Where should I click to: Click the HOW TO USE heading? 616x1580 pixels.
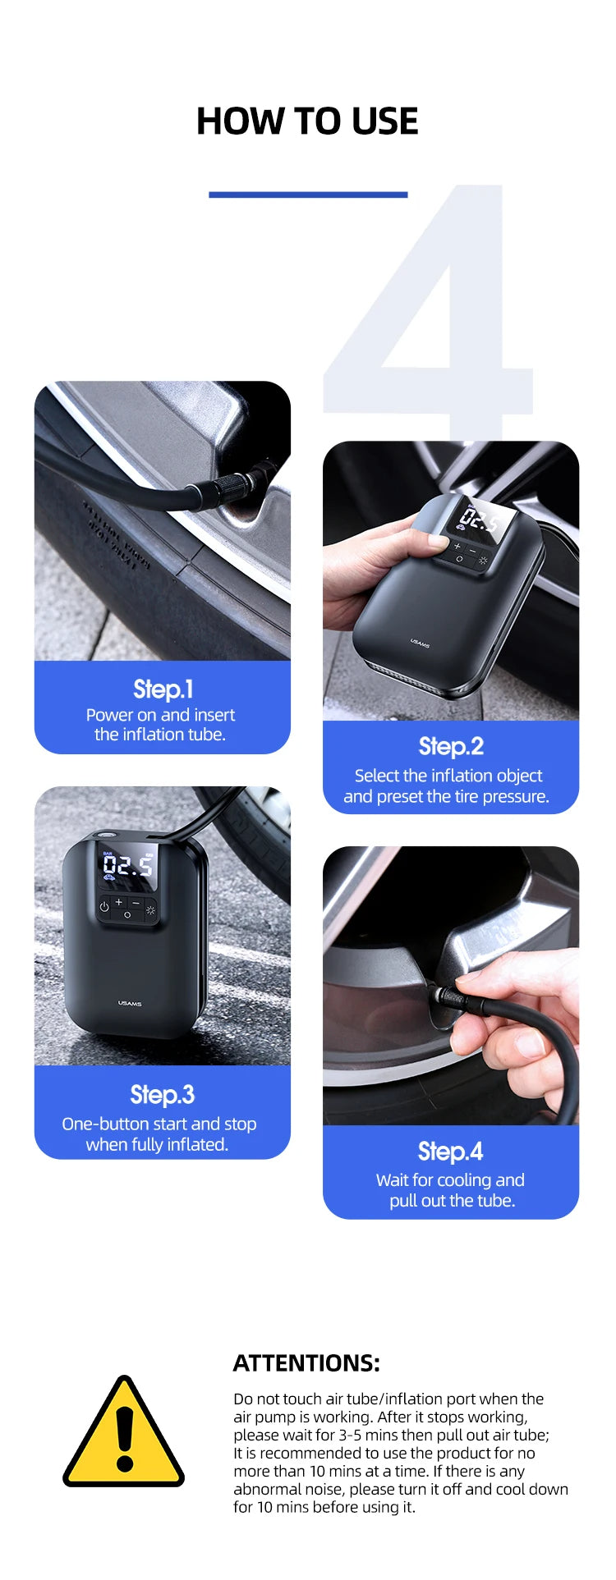click(307, 121)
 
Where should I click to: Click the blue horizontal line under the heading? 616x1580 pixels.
click(308, 195)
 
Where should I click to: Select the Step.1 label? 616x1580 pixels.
click(163, 689)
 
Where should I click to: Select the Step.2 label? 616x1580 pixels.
click(451, 746)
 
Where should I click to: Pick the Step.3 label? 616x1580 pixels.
click(163, 1094)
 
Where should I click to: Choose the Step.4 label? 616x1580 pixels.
click(451, 1151)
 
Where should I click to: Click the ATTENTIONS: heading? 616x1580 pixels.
click(306, 1363)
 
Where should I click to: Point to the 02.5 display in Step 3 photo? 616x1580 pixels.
click(128, 866)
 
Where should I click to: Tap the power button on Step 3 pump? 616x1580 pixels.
click(104, 907)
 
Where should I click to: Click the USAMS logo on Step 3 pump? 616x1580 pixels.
click(130, 1003)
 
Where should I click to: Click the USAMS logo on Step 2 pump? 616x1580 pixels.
click(420, 643)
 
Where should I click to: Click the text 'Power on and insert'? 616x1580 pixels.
click(161, 715)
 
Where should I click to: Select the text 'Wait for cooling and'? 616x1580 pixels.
click(450, 1179)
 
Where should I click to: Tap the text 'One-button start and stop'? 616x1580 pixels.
click(159, 1124)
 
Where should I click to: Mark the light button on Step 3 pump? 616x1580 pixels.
click(150, 909)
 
